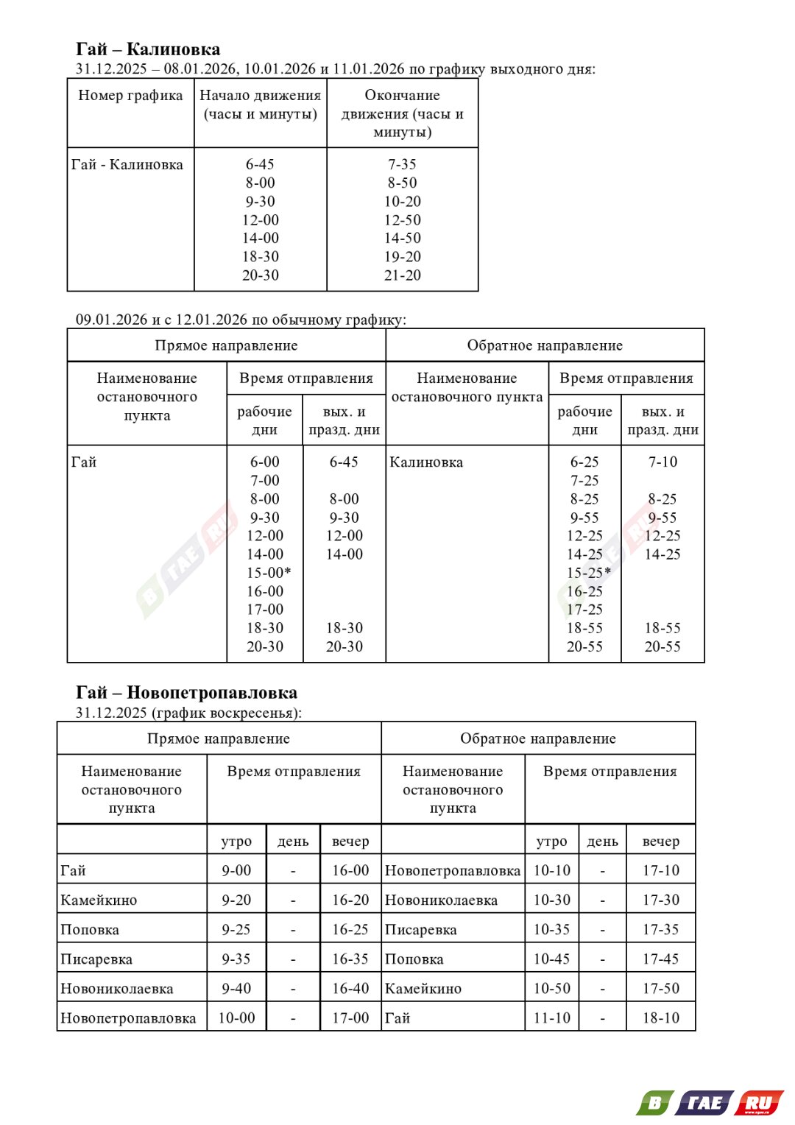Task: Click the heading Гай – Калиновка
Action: (x=148, y=49)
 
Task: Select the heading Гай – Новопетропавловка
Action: (x=186, y=692)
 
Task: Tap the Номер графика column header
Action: (x=130, y=96)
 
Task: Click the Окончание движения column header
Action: (x=402, y=113)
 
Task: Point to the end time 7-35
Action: (x=402, y=164)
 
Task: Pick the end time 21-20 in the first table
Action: (x=402, y=275)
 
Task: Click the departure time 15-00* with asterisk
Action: (x=268, y=573)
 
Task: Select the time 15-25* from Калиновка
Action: (x=588, y=573)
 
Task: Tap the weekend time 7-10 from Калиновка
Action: (x=662, y=462)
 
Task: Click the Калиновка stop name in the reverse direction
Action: (x=426, y=462)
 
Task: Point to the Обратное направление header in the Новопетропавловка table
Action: (x=537, y=738)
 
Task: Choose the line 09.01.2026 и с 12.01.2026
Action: (x=241, y=320)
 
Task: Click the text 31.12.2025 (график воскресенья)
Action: (x=188, y=713)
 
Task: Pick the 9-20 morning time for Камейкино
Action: (x=236, y=900)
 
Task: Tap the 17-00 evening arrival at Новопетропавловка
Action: (x=350, y=1018)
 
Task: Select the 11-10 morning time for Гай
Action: (x=551, y=1018)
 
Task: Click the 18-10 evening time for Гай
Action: (x=660, y=1018)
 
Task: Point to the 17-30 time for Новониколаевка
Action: (x=660, y=900)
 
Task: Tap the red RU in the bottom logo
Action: (x=760, y=1103)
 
